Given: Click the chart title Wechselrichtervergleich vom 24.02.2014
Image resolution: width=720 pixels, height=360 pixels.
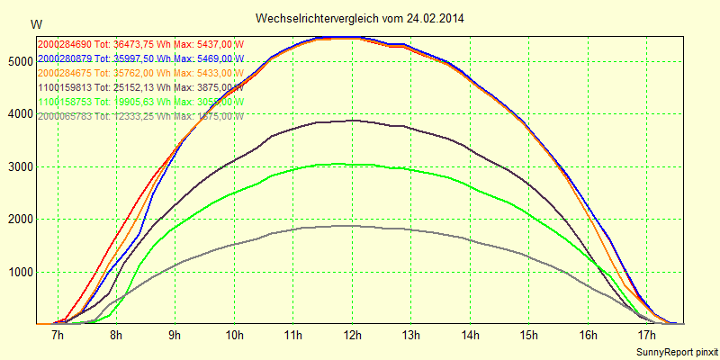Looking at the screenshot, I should tap(360, 18).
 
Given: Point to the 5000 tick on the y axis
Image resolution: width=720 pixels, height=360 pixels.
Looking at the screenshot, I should tap(18, 61).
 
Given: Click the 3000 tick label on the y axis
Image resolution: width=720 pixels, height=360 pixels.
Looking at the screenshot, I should tap(18, 166).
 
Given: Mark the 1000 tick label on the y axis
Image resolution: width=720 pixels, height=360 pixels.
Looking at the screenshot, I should tap(18, 272).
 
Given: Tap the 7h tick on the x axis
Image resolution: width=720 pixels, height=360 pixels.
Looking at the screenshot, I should tap(58, 336).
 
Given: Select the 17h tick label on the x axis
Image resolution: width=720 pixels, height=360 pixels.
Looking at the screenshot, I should tap(645, 336).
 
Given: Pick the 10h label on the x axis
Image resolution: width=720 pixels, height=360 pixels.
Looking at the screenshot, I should tap(234, 336).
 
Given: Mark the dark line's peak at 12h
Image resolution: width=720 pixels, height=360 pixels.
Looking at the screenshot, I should tap(351, 120).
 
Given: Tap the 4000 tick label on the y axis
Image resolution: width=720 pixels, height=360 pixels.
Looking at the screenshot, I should tap(18, 114).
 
